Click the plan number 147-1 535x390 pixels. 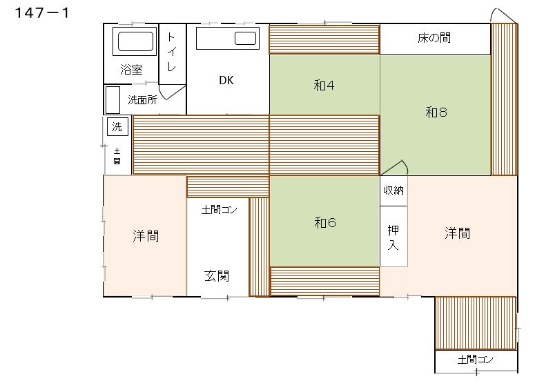[42, 13]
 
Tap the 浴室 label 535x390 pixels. [131, 70]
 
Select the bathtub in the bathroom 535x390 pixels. [135, 41]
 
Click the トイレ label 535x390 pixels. [172, 52]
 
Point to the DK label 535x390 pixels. [226, 81]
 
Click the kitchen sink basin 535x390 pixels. [245, 38]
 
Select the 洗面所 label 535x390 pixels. [142, 100]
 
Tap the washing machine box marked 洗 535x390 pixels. [117, 126]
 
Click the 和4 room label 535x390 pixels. [324, 86]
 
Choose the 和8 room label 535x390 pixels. [436, 113]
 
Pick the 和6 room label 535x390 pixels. [325, 223]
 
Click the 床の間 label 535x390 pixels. [434, 38]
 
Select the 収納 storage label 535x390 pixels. [393, 190]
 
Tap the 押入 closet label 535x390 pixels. [393, 237]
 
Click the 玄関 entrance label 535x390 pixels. [217, 276]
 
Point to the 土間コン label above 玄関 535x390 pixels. [219, 210]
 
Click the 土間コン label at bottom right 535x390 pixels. [476, 360]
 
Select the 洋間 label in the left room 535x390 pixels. [146, 236]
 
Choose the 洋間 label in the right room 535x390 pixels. [457, 233]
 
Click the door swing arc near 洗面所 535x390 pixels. [164, 95]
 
